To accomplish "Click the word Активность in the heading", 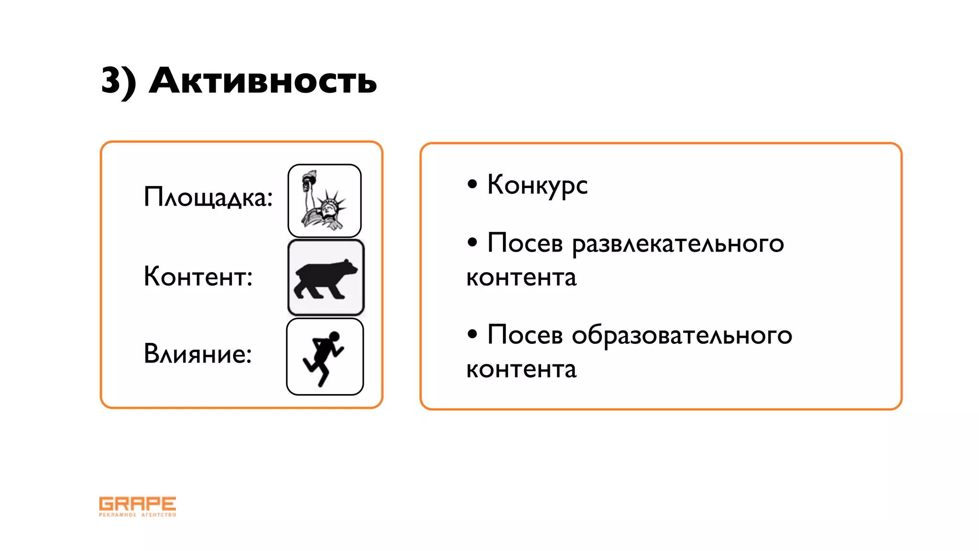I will (263, 80).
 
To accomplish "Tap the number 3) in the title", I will (119, 81).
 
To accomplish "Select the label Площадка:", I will (208, 197).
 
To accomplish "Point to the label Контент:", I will (198, 276).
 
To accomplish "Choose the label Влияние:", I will (197, 354).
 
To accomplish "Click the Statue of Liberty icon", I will (325, 201).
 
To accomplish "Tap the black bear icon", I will (326, 278).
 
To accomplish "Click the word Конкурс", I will (537, 186).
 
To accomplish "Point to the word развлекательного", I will (678, 244).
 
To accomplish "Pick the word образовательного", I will (682, 336).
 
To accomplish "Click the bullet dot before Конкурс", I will (472, 184).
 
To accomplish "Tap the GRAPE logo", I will (138, 506).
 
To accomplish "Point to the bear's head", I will (348, 268).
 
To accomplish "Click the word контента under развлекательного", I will (521, 278).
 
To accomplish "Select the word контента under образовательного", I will (521, 370).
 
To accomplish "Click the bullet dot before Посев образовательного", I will (472, 334).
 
